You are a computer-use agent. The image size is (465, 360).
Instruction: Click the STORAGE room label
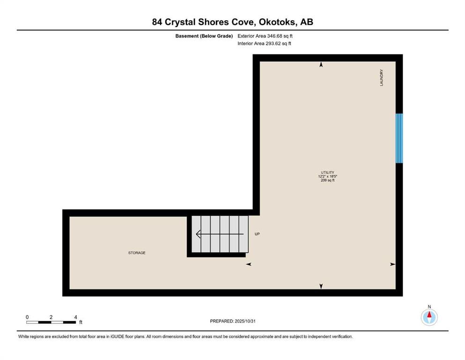tap(137, 253)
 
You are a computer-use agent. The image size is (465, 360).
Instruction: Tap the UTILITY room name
tap(327, 172)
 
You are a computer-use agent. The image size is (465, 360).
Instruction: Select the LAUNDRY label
tap(382, 78)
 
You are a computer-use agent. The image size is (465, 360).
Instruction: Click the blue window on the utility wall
tap(399, 138)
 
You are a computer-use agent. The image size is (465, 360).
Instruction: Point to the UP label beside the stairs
tap(257, 234)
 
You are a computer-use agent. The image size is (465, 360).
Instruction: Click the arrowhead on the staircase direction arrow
tap(198, 234)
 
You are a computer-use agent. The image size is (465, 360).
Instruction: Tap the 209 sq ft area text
tap(328, 180)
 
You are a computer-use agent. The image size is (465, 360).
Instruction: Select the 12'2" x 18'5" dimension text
tap(328, 176)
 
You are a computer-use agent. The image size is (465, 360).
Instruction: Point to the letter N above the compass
tap(429, 307)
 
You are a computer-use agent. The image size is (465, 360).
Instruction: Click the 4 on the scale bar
tap(75, 317)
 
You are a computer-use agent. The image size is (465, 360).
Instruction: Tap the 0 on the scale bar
tap(27, 317)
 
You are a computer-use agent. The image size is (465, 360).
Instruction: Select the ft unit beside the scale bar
tap(81, 322)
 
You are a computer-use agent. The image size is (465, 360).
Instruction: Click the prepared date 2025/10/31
tap(245, 321)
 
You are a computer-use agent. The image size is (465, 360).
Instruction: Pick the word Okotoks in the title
tap(277, 22)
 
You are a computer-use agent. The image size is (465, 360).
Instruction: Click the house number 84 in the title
tap(157, 22)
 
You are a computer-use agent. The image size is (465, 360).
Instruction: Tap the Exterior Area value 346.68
tap(274, 36)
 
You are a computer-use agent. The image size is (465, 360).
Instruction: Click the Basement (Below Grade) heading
tap(204, 36)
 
